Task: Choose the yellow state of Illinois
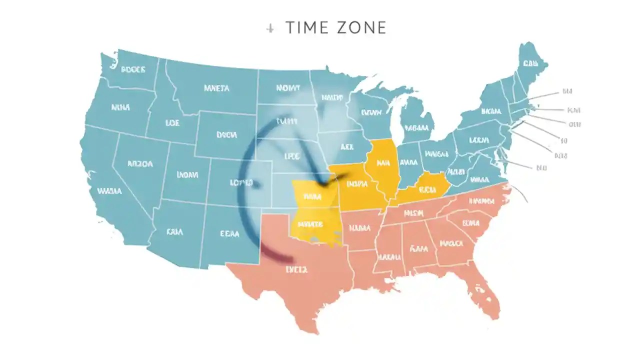[x=382, y=165]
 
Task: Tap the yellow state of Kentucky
[x=425, y=189]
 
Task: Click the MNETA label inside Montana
[x=216, y=88]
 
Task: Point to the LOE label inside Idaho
[x=172, y=122]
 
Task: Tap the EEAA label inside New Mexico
[x=229, y=233]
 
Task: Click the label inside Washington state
[x=133, y=70]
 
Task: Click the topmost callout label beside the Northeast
[x=567, y=91]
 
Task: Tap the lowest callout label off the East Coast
[x=541, y=168]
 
